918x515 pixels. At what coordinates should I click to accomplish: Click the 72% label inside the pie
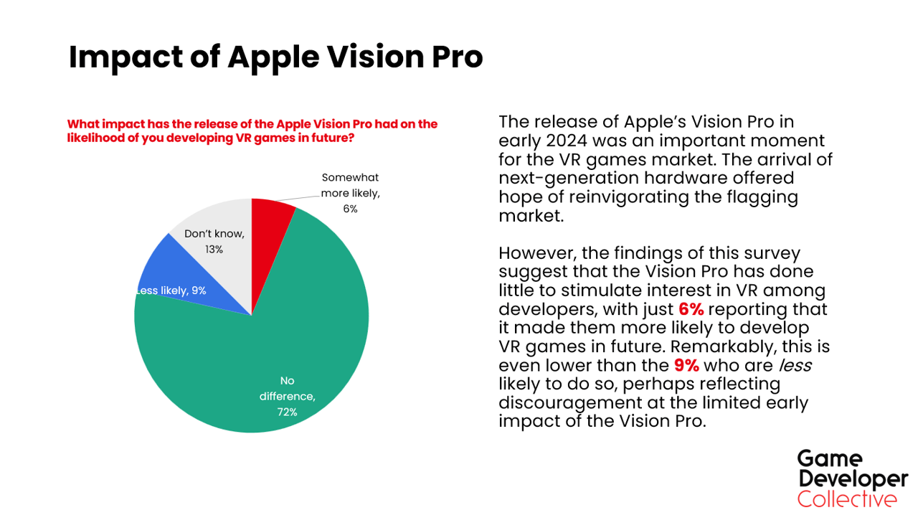(x=287, y=412)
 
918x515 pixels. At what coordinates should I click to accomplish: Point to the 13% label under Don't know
(x=214, y=249)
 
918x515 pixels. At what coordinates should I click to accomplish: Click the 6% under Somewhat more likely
(x=349, y=209)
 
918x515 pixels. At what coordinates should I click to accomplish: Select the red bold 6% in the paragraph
(x=691, y=309)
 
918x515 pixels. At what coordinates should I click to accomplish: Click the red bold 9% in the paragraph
(x=686, y=365)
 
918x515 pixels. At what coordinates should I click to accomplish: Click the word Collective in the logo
(x=847, y=499)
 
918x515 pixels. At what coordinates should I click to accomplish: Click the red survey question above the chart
(x=252, y=131)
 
